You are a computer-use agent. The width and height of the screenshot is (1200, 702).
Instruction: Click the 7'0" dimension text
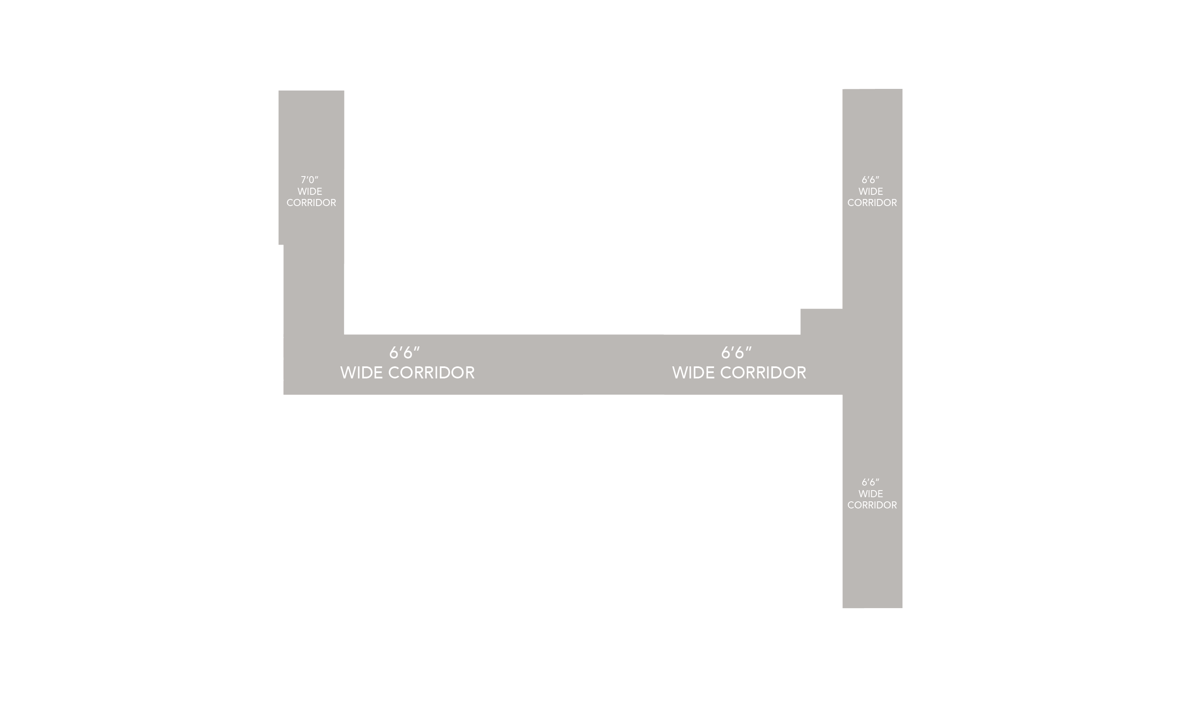click(309, 180)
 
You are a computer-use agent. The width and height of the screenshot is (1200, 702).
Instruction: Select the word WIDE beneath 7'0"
click(310, 191)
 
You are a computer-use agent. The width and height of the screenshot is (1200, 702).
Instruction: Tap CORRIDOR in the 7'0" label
click(311, 203)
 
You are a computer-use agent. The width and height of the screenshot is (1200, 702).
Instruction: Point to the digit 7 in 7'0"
click(303, 180)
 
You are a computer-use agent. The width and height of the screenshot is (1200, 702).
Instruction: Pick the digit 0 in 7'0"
click(312, 180)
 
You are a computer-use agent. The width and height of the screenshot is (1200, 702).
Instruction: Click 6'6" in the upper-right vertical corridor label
click(870, 180)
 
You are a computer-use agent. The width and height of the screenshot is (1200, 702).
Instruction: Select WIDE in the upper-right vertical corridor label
click(871, 191)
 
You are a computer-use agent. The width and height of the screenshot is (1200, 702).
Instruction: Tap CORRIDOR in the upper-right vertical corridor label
click(872, 203)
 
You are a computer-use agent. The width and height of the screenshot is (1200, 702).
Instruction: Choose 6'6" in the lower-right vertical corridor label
click(870, 482)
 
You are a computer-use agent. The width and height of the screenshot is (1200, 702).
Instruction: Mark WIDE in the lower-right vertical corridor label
click(871, 494)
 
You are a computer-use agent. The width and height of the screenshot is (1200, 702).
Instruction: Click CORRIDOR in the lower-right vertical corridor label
click(872, 505)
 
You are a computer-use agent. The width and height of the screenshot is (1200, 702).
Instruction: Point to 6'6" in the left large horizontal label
click(404, 353)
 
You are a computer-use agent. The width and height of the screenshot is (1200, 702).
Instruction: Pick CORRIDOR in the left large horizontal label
click(432, 373)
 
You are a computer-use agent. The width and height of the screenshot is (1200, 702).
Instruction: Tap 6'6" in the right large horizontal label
click(736, 353)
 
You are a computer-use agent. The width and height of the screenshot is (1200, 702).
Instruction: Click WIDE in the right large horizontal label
click(693, 373)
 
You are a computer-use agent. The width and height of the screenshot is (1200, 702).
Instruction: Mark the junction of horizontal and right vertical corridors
click(872, 365)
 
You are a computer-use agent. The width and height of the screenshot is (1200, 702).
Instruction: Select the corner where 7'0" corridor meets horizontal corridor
click(313, 365)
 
